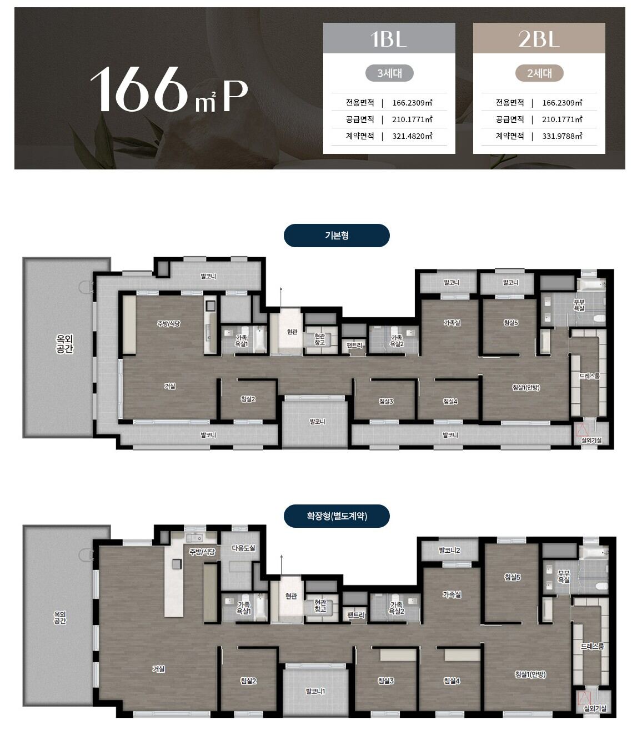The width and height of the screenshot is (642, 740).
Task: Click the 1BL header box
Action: click(x=389, y=38)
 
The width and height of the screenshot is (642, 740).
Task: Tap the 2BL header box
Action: click(x=539, y=38)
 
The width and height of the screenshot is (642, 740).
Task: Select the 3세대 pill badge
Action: click(x=389, y=73)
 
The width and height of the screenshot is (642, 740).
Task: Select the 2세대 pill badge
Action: click(x=539, y=73)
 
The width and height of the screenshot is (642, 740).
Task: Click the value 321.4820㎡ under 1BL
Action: click(x=412, y=136)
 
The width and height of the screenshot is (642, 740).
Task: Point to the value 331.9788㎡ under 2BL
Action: click(x=562, y=136)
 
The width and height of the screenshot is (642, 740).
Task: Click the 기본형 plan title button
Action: click(x=337, y=236)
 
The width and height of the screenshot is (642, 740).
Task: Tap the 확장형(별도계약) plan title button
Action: click(x=337, y=516)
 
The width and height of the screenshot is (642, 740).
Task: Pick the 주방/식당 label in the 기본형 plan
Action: click(x=168, y=324)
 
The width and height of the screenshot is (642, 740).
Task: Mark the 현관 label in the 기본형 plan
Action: click(x=292, y=331)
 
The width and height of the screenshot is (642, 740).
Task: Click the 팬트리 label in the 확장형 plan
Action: click(x=356, y=615)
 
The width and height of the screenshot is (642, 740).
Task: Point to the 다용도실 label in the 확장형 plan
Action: click(x=243, y=548)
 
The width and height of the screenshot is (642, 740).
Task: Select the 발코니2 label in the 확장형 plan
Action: click(x=449, y=550)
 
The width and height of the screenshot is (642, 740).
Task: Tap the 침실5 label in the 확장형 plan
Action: click(x=512, y=577)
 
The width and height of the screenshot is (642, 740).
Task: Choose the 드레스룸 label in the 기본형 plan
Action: click(x=589, y=376)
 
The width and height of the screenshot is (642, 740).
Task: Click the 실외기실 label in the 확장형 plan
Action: click(x=595, y=708)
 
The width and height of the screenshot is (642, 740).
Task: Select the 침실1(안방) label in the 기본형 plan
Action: click(x=525, y=387)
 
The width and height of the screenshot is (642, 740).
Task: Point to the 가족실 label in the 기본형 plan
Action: click(x=452, y=323)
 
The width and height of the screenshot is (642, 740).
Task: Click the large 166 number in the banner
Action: click(x=139, y=89)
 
